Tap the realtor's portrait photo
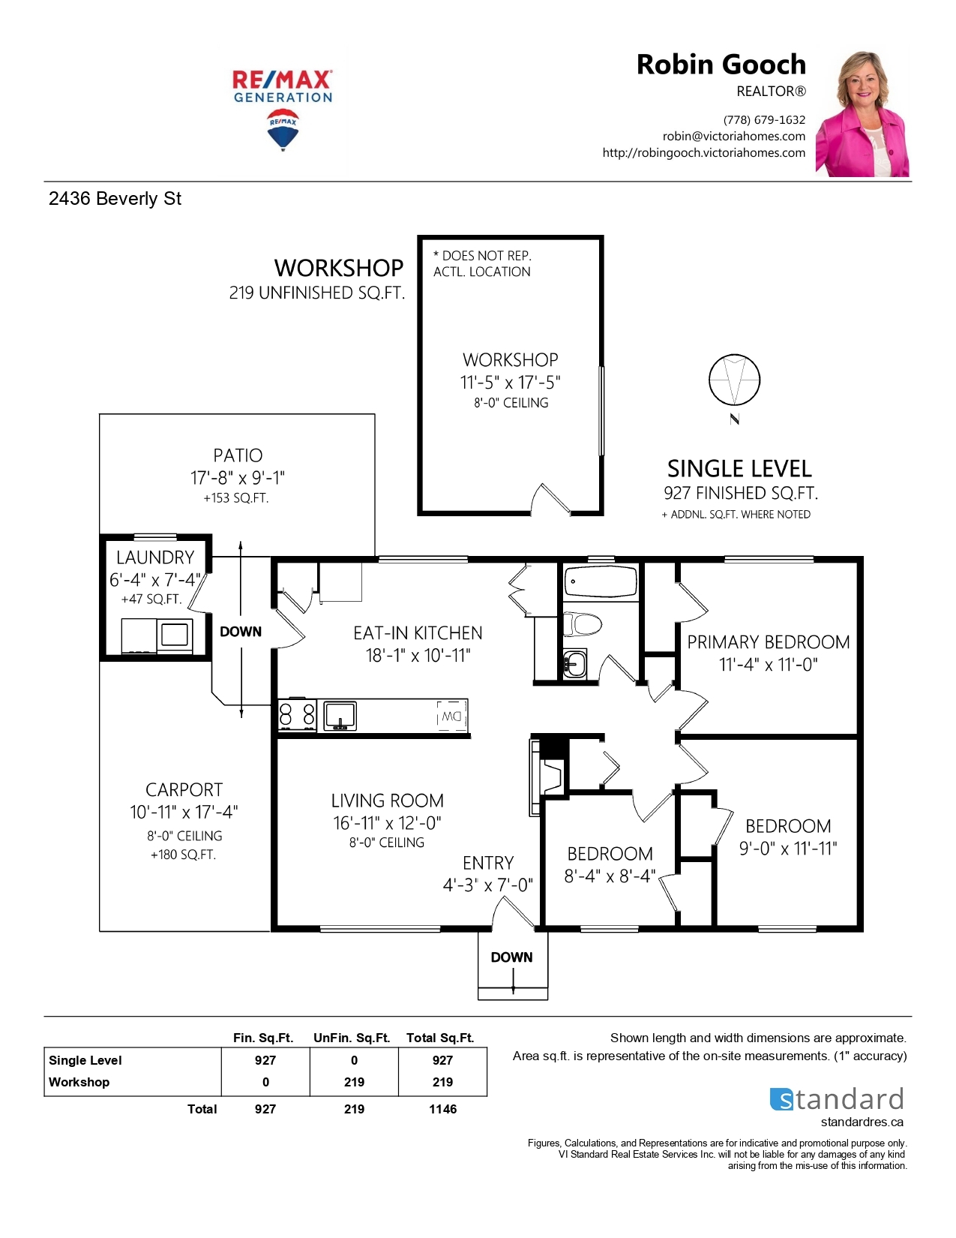click(x=862, y=113)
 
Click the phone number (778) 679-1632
click(x=764, y=119)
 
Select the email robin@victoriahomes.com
click(x=734, y=136)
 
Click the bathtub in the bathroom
click(x=600, y=581)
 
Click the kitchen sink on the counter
click(x=340, y=716)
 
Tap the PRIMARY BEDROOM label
click(x=768, y=642)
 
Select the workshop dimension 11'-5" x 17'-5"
click(x=510, y=382)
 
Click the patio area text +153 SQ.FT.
click(x=235, y=498)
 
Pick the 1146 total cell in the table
click(x=442, y=1109)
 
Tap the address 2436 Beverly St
click(x=115, y=199)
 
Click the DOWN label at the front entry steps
click(x=512, y=957)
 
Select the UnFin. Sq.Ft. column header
click(x=352, y=1038)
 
